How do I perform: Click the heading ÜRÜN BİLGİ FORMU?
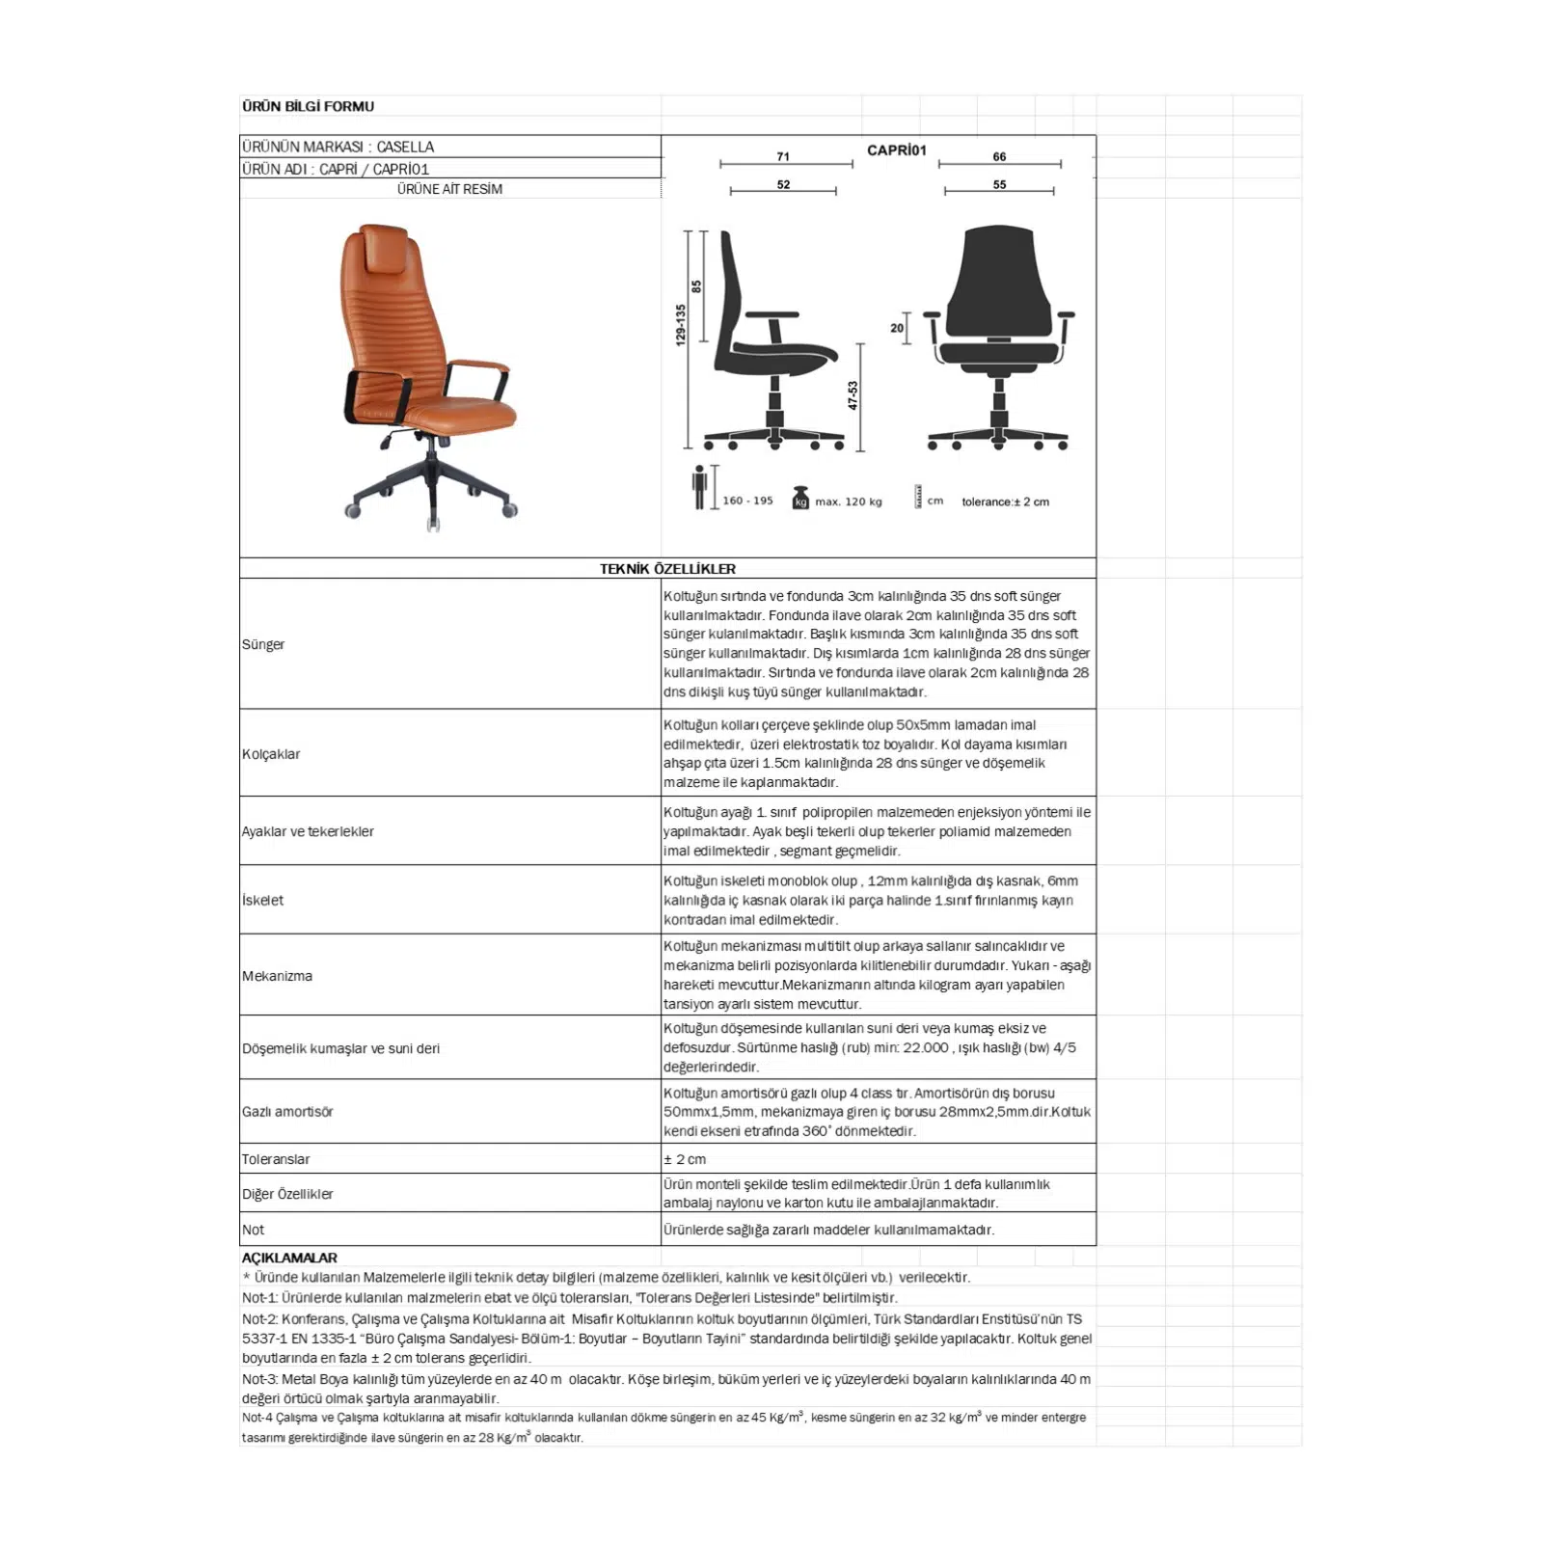[308, 106]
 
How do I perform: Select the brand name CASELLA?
[405, 147]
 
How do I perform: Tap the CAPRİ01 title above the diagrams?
[896, 149]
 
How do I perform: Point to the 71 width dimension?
[783, 156]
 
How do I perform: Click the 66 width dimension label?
[999, 156]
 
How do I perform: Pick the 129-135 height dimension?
[681, 325]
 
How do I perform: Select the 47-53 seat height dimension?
[853, 395]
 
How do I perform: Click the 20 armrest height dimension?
[897, 328]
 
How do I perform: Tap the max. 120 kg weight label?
[848, 501]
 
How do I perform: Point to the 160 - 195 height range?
[747, 501]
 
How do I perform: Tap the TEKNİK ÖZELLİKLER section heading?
[667, 569]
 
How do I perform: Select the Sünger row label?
[263, 644]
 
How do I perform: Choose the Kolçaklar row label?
[271, 754]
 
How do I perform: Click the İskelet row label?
[262, 900]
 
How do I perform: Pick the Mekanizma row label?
[277, 976]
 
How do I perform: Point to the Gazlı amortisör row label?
[287, 1112]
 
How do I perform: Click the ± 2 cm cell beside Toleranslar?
[685, 1159]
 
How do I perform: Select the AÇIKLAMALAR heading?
[289, 1258]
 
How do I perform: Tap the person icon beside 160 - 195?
[700, 488]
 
